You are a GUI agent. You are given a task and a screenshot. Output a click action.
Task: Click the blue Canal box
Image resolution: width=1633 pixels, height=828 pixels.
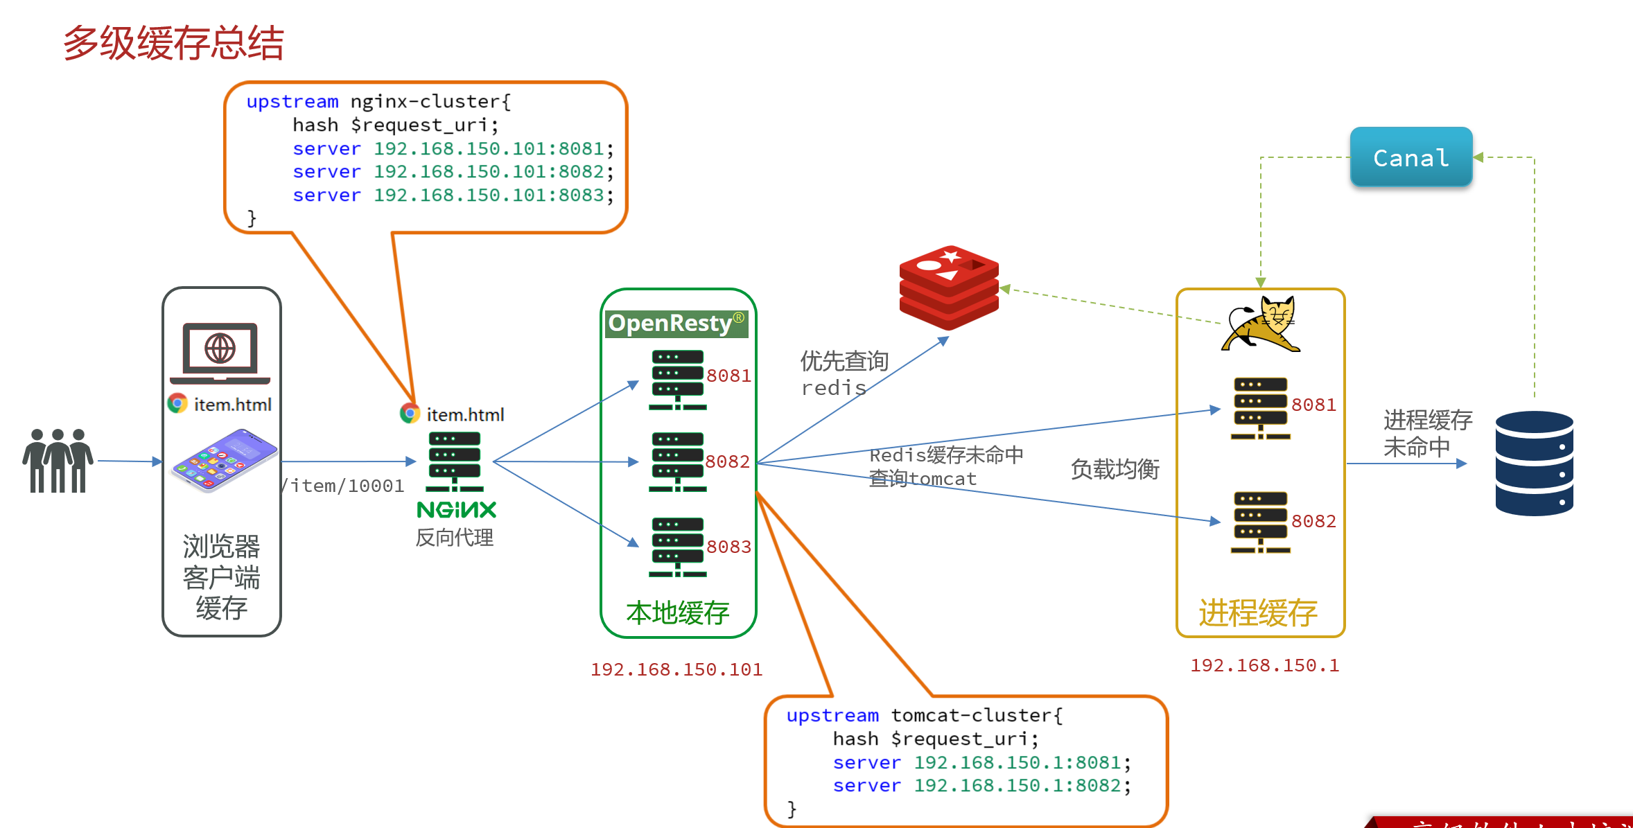click(x=1411, y=157)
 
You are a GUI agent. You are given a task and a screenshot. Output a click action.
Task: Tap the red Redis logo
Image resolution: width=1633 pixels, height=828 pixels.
click(x=949, y=287)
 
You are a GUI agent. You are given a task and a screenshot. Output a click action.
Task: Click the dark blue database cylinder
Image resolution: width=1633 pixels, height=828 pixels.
click(x=1534, y=463)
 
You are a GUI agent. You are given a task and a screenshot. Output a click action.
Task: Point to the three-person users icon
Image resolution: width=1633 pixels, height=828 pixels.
click(x=58, y=461)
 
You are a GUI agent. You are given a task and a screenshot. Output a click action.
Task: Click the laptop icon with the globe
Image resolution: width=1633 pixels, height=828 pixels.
click(x=220, y=353)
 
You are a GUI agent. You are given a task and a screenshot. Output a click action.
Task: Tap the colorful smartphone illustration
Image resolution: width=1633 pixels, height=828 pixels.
click(x=224, y=460)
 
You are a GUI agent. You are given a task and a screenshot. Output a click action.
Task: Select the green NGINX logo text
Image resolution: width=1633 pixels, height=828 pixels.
click(x=456, y=510)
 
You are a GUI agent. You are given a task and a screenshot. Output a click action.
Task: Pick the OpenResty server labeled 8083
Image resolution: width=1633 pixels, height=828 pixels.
click(x=677, y=547)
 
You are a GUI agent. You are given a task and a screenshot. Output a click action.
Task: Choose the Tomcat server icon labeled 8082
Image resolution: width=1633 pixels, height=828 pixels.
click(x=1260, y=522)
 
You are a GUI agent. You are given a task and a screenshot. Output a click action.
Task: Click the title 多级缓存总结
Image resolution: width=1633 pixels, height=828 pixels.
click(x=173, y=43)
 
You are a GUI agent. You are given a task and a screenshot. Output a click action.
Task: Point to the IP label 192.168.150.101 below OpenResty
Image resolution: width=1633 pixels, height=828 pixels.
click(x=676, y=669)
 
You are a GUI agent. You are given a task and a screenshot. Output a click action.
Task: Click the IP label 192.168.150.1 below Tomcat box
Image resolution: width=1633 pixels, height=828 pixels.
click(x=1264, y=665)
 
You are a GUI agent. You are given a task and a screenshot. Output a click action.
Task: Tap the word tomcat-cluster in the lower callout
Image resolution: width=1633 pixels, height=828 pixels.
click(x=976, y=715)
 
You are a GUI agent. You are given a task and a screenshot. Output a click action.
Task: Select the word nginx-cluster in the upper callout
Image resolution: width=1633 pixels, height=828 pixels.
click(x=430, y=101)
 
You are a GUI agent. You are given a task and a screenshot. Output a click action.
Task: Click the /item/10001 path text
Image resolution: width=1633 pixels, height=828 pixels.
click(x=343, y=486)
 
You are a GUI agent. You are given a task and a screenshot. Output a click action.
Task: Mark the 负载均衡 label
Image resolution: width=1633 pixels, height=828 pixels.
click(x=1115, y=469)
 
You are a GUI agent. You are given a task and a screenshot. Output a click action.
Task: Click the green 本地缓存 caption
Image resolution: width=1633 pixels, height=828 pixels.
click(x=677, y=613)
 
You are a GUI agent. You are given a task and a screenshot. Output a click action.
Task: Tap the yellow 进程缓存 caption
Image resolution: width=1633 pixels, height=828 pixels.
click(x=1257, y=613)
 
